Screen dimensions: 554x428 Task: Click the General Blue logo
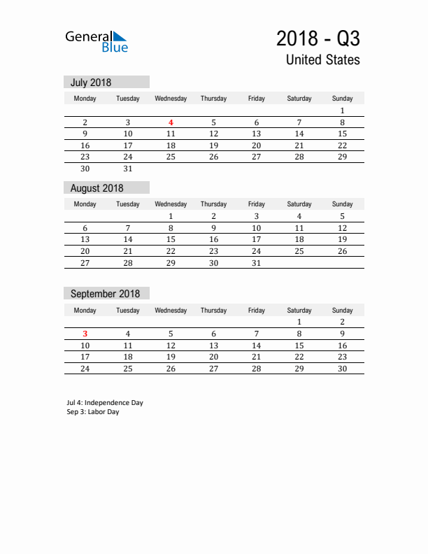click(x=97, y=41)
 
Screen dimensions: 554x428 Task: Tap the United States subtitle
click(x=322, y=60)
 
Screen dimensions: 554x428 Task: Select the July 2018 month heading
click(x=91, y=83)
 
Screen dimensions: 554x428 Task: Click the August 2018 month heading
click(x=97, y=188)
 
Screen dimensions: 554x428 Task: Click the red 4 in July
click(x=171, y=122)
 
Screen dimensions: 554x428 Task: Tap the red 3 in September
click(x=85, y=334)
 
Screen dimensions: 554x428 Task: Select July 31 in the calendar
click(x=128, y=169)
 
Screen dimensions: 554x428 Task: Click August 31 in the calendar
click(x=257, y=263)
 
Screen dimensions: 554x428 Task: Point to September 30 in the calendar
click(x=342, y=369)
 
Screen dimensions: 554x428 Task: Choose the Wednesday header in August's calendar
click(x=171, y=204)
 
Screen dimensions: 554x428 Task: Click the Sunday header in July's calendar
click(x=342, y=99)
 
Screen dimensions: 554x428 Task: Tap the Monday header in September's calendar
click(x=85, y=311)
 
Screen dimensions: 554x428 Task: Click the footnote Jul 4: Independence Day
click(x=105, y=403)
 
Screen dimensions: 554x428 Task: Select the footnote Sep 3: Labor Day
click(x=93, y=412)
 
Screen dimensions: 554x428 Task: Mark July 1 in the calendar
click(x=342, y=111)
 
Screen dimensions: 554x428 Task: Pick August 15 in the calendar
click(x=171, y=239)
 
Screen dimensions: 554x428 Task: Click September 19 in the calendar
click(x=171, y=357)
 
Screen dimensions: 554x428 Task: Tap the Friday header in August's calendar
click(x=257, y=204)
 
